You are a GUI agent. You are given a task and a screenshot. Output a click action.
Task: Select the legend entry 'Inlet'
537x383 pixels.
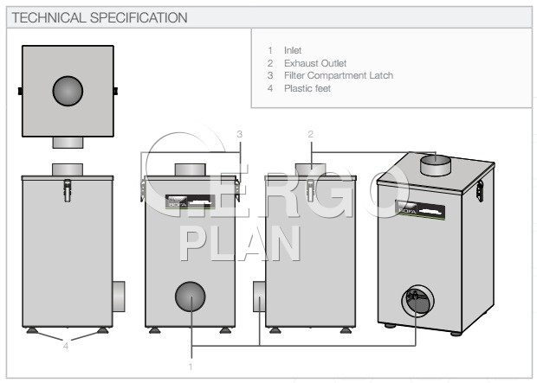tap(293, 50)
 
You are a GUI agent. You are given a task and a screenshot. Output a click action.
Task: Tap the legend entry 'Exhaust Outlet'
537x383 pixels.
tap(316, 63)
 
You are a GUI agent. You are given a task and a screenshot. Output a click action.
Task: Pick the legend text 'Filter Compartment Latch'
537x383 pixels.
tap(338, 75)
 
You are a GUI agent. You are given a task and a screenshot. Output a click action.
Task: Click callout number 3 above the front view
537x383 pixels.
tap(239, 133)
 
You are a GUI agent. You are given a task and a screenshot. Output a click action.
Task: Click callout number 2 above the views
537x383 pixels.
tap(309, 133)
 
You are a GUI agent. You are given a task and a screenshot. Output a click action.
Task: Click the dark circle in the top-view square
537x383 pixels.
tap(68, 91)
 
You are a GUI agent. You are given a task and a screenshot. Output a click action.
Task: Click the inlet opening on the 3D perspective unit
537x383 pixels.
tap(415, 302)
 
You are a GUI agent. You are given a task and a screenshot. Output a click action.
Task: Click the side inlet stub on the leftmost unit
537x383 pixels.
tap(120, 297)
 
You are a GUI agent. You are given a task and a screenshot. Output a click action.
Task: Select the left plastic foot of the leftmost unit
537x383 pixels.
tap(32, 329)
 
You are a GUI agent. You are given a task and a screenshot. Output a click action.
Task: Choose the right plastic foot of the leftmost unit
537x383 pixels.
tap(102, 329)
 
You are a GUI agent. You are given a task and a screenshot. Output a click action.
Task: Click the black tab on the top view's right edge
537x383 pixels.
tap(116, 90)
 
